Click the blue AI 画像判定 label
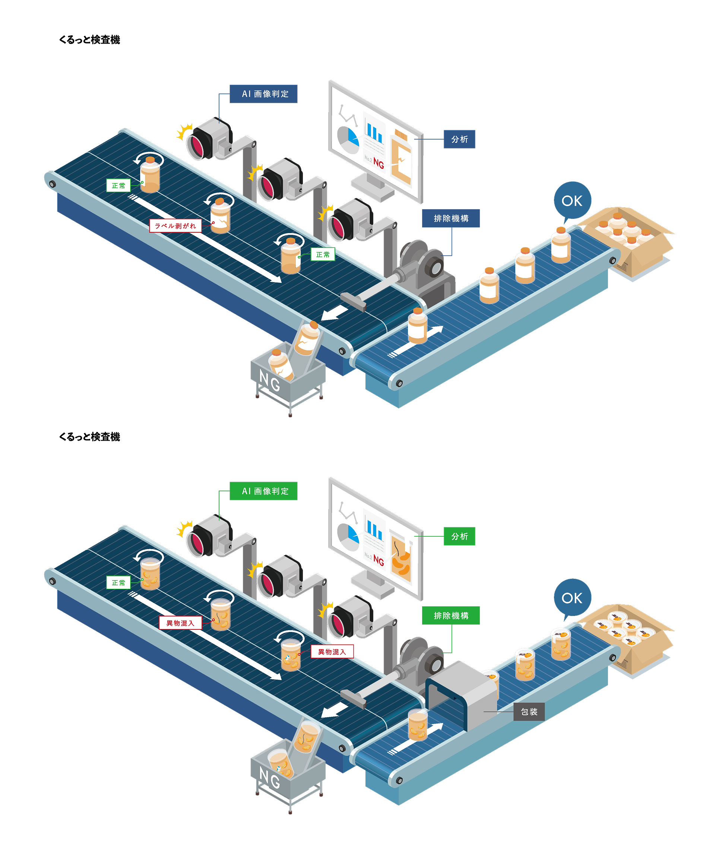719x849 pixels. [x=263, y=94]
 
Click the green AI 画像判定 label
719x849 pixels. [x=263, y=491]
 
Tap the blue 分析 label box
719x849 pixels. [x=459, y=139]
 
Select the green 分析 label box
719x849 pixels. [x=459, y=536]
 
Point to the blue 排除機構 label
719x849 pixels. [x=451, y=218]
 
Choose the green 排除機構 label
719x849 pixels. [x=451, y=615]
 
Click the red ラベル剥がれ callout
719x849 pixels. [x=175, y=226]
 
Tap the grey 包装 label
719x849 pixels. [x=529, y=711]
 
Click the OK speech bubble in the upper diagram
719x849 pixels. [x=572, y=200]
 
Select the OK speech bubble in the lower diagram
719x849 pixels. [x=572, y=597]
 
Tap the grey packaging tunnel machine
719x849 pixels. [x=465, y=692]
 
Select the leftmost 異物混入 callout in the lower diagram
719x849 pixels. [x=180, y=623]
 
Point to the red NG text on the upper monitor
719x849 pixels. [x=378, y=164]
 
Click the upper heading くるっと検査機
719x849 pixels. [x=90, y=39]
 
